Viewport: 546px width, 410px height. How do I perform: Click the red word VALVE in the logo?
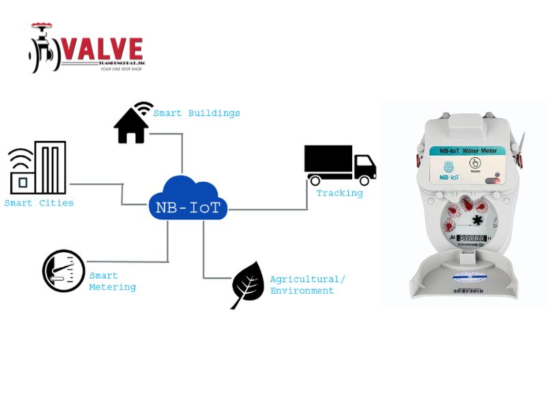click(x=103, y=49)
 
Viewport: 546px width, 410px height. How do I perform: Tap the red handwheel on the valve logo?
click(x=42, y=27)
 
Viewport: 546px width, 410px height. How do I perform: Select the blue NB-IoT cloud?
click(x=188, y=199)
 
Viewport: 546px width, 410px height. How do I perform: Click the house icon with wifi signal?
click(x=132, y=124)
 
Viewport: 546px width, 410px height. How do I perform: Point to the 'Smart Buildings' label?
click(x=197, y=113)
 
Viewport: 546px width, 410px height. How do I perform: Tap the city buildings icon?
click(x=38, y=168)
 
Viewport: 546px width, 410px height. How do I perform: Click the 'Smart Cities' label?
click(x=39, y=204)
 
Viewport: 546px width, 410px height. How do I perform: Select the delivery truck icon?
click(x=339, y=165)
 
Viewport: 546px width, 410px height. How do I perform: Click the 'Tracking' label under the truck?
click(x=339, y=193)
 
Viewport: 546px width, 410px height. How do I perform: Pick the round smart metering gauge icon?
click(x=63, y=271)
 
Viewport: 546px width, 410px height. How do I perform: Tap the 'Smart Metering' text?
click(x=112, y=282)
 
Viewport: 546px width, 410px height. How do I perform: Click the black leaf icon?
click(x=248, y=284)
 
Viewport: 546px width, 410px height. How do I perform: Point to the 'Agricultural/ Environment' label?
click(x=307, y=285)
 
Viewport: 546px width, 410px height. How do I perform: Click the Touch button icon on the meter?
click(x=475, y=164)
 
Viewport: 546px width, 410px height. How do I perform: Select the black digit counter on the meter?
click(x=471, y=238)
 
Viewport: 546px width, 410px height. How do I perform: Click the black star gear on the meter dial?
click(x=477, y=221)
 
